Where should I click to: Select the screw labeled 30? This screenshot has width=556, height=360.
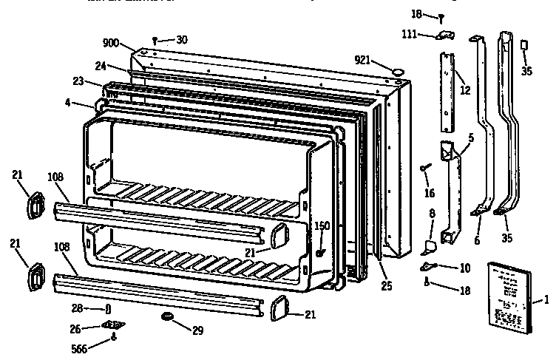click(x=154, y=40)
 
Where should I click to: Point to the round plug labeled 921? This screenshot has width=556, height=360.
click(x=399, y=71)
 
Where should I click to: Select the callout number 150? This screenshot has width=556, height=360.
click(x=322, y=226)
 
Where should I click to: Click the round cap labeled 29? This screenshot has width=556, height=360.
click(x=167, y=317)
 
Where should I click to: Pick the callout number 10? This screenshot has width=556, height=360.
click(x=464, y=267)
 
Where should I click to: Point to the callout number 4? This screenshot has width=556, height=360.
click(x=67, y=103)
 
